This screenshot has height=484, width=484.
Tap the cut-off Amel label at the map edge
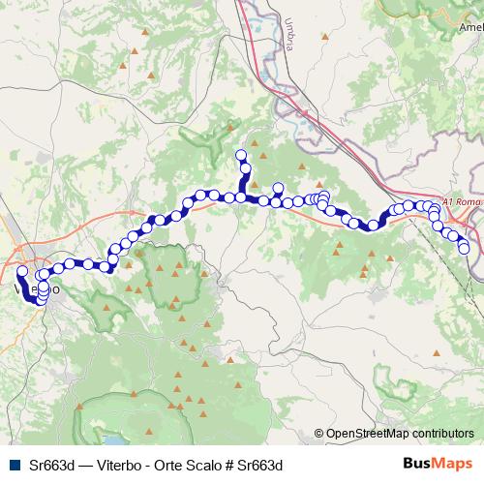point(471,29)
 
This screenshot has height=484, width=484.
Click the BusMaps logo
point(439,464)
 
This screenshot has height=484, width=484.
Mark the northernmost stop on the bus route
point(242,155)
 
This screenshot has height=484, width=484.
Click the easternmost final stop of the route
point(464,248)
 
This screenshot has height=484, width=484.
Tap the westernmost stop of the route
point(21,272)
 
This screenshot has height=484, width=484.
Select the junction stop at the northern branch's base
point(241,197)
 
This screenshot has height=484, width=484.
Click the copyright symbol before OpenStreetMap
point(318,434)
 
